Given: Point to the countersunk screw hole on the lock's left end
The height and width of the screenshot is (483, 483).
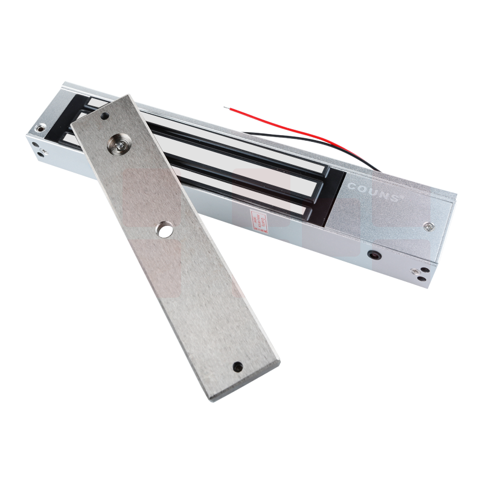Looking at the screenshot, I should pyautogui.click(x=41, y=128).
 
